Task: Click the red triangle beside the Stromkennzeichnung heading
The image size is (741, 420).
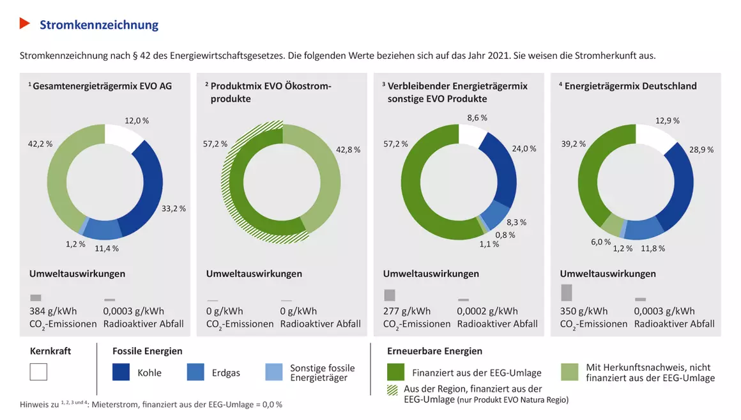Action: coord(25,24)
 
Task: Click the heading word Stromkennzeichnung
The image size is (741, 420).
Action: coord(99,25)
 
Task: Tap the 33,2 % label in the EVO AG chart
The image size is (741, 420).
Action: coord(174,208)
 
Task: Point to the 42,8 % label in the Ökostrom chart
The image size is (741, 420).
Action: coord(348,150)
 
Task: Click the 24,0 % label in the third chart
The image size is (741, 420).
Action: coord(524,148)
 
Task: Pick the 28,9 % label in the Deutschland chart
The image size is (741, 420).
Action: coord(701,150)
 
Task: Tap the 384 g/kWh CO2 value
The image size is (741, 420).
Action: coord(53,311)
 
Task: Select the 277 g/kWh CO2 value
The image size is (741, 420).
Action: coord(407,311)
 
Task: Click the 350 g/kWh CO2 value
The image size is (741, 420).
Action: coord(584,311)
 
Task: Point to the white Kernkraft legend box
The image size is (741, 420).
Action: coord(38,372)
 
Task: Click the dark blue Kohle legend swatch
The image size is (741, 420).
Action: coord(121,372)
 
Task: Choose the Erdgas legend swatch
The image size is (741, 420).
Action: coord(196,372)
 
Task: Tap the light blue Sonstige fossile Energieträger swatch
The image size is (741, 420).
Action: coord(273,372)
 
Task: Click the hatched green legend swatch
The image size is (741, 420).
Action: coord(393,389)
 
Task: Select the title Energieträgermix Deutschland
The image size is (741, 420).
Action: coord(630,86)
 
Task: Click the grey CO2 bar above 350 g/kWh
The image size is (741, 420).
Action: coord(566,292)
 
